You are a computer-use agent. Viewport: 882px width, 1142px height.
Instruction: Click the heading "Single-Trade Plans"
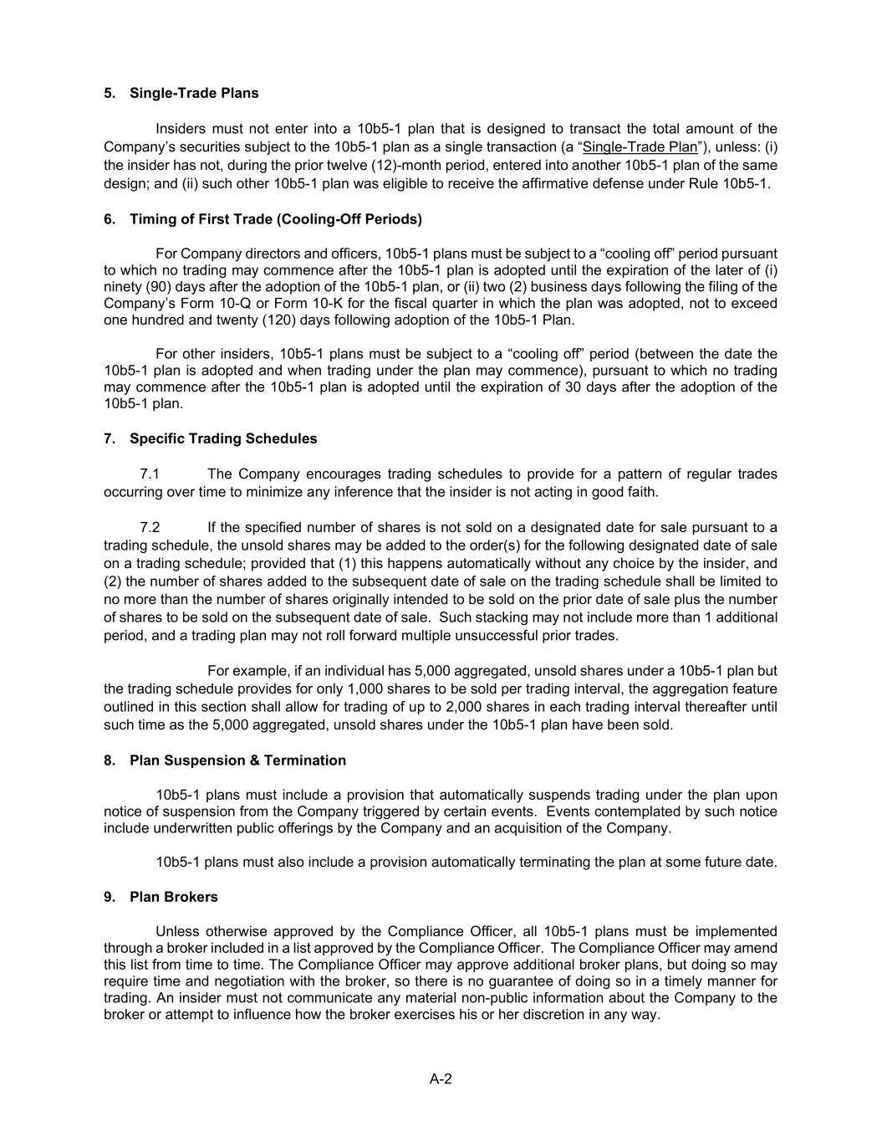coord(194,93)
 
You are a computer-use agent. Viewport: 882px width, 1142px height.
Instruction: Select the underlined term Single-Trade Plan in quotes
coord(640,147)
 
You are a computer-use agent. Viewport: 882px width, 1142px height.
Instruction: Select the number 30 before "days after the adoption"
coord(574,387)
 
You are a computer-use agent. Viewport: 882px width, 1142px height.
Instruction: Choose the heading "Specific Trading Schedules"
coord(223,438)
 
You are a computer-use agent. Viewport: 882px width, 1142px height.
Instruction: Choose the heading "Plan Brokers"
coord(174,897)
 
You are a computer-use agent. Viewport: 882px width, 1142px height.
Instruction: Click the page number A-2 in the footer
coord(441,1079)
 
